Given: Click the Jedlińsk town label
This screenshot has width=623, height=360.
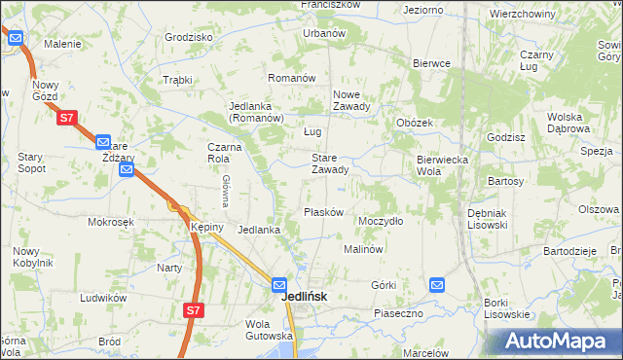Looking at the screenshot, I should pyautogui.click(x=303, y=297).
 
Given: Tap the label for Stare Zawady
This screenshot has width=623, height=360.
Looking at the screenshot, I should pyautogui.click(x=329, y=163).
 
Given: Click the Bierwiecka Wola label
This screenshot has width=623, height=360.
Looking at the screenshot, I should pyautogui.click(x=443, y=164).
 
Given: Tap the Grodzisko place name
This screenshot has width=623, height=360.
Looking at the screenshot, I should pyautogui.click(x=189, y=37).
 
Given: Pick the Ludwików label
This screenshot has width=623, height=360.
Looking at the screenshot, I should pyautogui.click(x=105, y=298).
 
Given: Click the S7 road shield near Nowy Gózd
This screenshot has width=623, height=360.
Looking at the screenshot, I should pyautogui.click(x=65, y=118).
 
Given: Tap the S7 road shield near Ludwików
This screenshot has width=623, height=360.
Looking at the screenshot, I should pyautogui.click(x=194, y=310).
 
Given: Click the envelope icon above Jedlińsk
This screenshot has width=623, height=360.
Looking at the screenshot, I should pyautogui.click(x=280, y=285).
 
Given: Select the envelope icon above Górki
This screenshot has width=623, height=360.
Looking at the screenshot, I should pyautogui.click(x=437, y=285).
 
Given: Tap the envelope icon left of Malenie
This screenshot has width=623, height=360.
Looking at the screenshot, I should pyautogui.click(x=17, y=39).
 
